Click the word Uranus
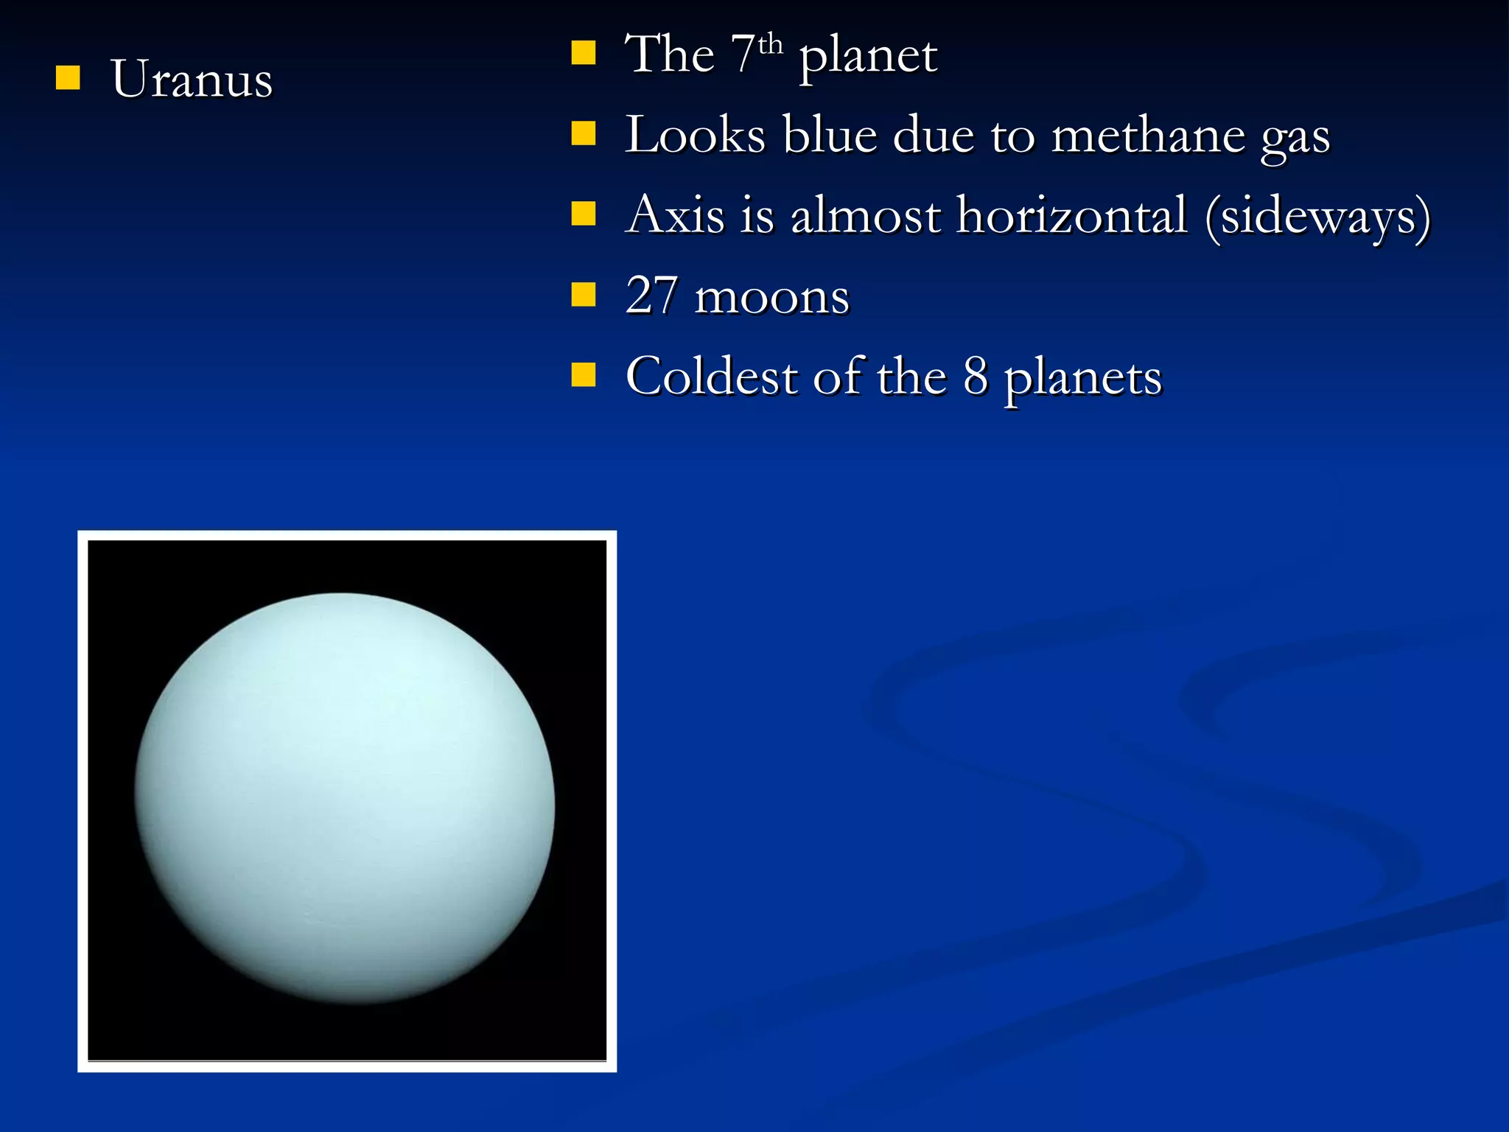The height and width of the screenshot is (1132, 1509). [x=192, y=79]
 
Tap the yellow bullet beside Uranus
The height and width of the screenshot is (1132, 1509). [x=68, y=77]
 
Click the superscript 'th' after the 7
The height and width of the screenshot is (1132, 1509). [x=770, y=45]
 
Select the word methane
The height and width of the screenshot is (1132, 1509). [x=1147, y=136]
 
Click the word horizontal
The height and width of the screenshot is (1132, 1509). [x=1072, y=216]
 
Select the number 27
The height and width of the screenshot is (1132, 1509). [x=651, y=296]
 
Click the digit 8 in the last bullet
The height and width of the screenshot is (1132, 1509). [x=976, y=377]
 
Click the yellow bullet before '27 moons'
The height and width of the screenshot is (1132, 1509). [x=583, y=294]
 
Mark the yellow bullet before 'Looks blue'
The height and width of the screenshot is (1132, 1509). [x=583, y=133]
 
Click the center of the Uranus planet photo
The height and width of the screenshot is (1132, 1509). [x=345, y=798]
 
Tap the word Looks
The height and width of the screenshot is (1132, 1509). [x=696, y=136]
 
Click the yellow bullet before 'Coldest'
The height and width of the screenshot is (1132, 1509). [x=583, y=374]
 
